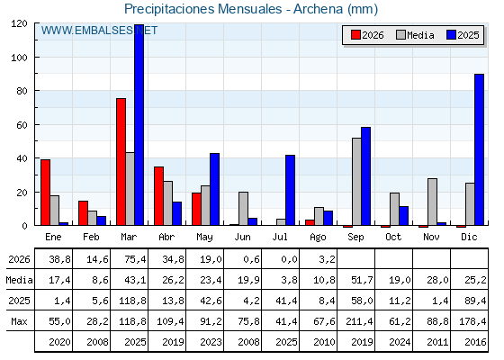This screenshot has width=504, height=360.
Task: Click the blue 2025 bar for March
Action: [139, 125]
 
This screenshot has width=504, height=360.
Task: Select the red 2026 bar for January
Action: [45, 193]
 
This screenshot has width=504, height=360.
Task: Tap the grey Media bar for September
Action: [356, 182]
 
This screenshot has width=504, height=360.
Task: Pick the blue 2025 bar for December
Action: [479, 149]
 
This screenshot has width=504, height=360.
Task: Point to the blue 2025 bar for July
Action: [290, 190]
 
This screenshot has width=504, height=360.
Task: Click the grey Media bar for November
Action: [432, 202]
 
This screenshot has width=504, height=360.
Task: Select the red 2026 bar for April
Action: [158, 196]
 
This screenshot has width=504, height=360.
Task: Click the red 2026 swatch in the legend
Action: [355, 35]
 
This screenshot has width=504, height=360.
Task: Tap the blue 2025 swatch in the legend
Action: [451, 35]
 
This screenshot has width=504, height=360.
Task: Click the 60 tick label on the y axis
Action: [22, 125]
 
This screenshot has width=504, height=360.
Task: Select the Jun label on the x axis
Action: [242, 238]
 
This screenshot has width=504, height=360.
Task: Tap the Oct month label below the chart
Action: [393, 238]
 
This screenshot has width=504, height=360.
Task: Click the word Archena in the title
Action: [318, 9]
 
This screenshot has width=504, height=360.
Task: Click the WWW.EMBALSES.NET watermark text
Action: [99, 31]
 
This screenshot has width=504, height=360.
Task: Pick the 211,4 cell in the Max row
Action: [359, 321]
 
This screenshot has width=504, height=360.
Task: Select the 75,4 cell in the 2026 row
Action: [135, 259]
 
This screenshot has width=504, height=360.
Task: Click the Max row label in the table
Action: [19, 321]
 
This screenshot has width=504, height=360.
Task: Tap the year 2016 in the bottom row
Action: [475, 342]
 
